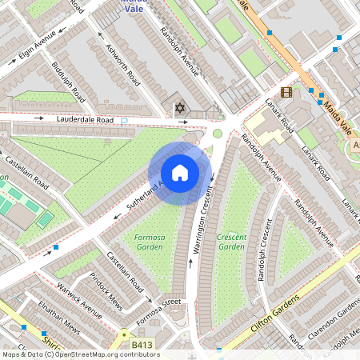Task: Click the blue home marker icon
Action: click(180, 173)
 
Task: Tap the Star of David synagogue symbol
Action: click(179, 107)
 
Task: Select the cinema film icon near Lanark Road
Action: click(286, 92)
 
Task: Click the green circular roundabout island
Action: click(218, 134)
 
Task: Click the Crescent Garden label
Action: click(232, 242)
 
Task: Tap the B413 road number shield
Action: click(142, 345)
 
